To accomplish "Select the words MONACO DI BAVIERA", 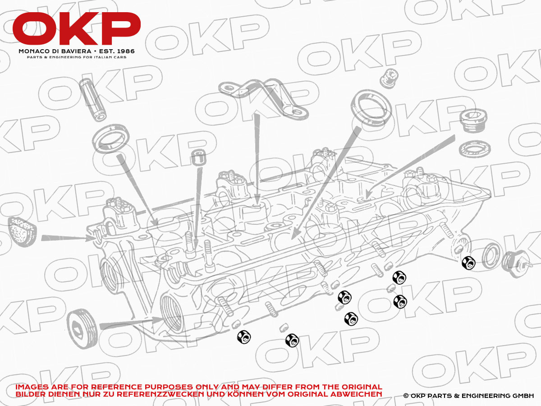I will tap(55, 51).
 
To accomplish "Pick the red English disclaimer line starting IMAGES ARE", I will tap(199, 387).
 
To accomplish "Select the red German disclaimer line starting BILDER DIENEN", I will tap(199, 394).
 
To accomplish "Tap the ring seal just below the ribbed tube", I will tap(112, 139).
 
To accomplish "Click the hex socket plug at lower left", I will tap(82, 327).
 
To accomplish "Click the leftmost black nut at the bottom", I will tap(243, 337).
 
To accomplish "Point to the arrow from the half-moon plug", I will tap(68, 237).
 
